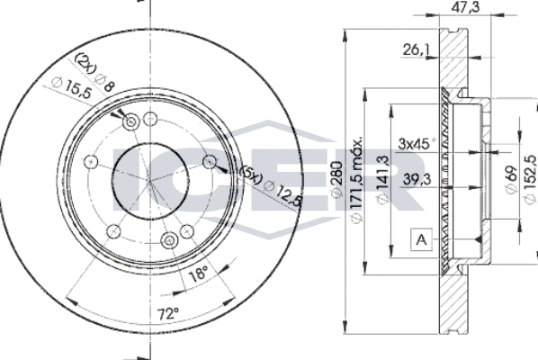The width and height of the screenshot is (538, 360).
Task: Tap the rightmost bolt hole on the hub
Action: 210,161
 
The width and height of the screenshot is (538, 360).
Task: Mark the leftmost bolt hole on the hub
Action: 90,161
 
